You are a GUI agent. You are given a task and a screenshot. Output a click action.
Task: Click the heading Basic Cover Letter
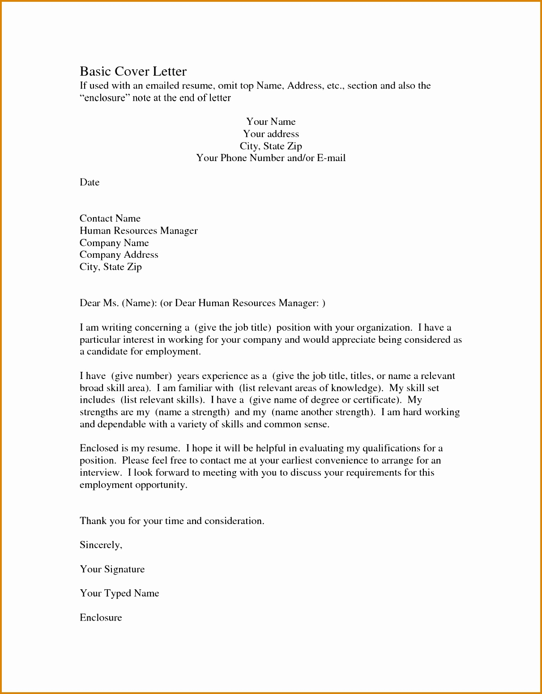click(133, 72)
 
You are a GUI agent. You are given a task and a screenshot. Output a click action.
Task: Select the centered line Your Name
click(271, 122)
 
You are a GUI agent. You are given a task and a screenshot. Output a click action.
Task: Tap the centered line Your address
click(271, 134)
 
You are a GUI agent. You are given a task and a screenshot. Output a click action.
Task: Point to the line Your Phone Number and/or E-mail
click(271, 158)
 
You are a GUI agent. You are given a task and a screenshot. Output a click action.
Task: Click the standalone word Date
click(90, 182)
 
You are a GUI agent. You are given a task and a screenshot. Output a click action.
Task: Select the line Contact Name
click(110, 218)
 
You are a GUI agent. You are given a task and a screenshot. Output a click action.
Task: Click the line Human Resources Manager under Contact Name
click(138, 230)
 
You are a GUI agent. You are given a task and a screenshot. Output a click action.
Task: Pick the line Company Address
click(119, 255)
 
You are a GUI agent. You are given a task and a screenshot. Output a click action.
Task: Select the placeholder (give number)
click(141, 376)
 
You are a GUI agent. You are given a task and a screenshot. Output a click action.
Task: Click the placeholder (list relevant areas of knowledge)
click(311, 388)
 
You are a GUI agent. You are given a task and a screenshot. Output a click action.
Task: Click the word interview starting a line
click(100, 473)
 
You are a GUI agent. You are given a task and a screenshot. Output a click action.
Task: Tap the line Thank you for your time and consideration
click(172, 521)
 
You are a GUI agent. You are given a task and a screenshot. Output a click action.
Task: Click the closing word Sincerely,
click(101, 545)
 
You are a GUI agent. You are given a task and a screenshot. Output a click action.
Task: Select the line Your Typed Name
click(119, 593)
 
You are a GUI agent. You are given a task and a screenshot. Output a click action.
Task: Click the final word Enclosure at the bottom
click(101, 617)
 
